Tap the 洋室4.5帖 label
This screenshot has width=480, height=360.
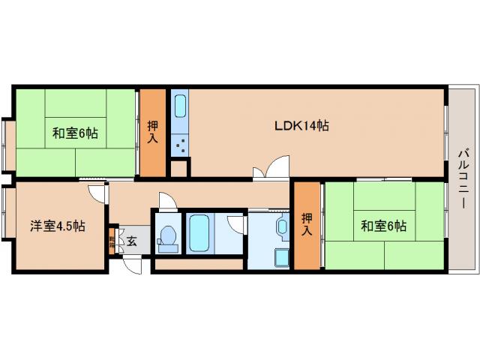pyautogui.click(x=57, y=226)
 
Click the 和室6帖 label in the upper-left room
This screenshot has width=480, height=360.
pyautogui.click(x=75, y=133)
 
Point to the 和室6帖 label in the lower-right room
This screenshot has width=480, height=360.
pyautogui.click(x=382, y=225)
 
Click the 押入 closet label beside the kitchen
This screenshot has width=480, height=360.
pyautogui.click(x=154, y=133)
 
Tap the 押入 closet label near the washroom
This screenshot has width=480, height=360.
pyautogui.click(x=307, y=224)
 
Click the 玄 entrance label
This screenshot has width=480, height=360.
pyautogui.click(x=132, y=241)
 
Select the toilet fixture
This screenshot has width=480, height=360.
pyautogui.click(x=168, y=238)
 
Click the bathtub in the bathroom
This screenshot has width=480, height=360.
pyautogui.click(x=199, y=232)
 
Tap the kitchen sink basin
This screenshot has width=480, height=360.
pyautogui.click(x=180, y=105)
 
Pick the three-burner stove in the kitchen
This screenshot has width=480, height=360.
pyautogui.click(x=180, y=142)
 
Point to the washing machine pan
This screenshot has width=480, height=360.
pyautogui.click(x=280, y=257)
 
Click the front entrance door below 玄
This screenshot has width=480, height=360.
pyautogui.click(x=132, y=264)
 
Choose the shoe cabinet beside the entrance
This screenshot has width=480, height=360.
pyautogui.click(x=112, y=241)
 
